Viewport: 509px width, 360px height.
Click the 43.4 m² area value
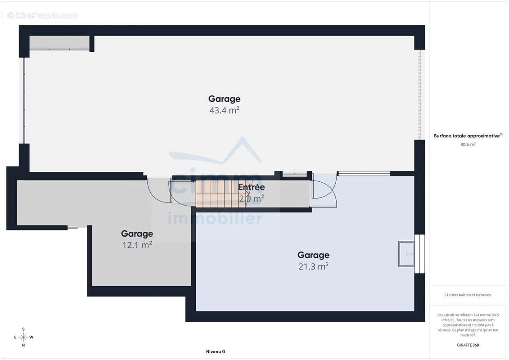[x=224, y=110]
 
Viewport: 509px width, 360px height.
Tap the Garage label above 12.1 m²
[x=137, y=234]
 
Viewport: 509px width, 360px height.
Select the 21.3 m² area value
[x=313, y=266]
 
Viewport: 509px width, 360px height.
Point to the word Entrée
[x=251, y=187]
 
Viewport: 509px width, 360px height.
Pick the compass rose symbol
[x=23, y=337]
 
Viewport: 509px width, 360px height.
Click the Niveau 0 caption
[x=215, y=352]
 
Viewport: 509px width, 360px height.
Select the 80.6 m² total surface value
[x=468, y=144]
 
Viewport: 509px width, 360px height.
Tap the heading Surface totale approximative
[x=468, y=135]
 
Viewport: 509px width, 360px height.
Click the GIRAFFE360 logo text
[x=468, y=345]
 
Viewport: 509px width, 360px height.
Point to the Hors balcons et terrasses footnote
[x=468, y=295]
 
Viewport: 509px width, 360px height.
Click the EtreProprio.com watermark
[x=43, y=16]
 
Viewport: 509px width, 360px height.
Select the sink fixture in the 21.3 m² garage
[x=406, y=254]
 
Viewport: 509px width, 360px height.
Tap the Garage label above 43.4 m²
[x=224, y=99]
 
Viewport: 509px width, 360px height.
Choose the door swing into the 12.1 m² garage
[x=158, y=191]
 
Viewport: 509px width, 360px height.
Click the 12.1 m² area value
[x=137, y=245]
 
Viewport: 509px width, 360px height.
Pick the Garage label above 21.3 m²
[x=313, y=256]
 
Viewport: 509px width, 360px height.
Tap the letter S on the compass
[x=23, y=329]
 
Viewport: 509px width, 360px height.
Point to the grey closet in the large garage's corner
[x=59, y=42]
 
